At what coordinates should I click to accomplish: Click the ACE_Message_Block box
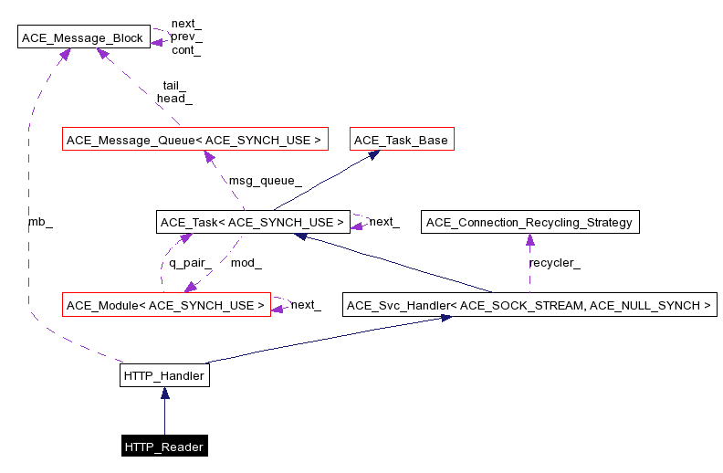click(x=84, y=38)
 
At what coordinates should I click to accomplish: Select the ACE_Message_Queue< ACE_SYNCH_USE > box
click(x=193, y=140)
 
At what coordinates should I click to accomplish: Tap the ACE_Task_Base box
click(x=402, y=140)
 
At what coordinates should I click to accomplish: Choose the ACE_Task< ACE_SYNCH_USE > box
click(x=252, y=222)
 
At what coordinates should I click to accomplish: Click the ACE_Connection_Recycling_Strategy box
click(x=529, y=222)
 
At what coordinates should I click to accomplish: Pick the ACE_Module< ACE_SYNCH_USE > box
click(x=165, y=304)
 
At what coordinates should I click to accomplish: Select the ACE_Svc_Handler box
click(x=529, y=304)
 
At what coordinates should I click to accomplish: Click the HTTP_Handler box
click(x=164, y=375)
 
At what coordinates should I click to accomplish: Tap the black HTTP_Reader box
click(x=164, y=447)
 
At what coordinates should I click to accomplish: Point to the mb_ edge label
click(x=40, y=223)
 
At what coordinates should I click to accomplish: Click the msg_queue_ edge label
click(x=265, y=181)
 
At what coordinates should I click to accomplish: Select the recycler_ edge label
click(x=554, y=263)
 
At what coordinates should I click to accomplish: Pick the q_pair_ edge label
click(x=190, y=263)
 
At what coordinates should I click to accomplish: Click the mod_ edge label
click(x=246, y=263)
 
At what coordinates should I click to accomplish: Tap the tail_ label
click(x=174, y=85)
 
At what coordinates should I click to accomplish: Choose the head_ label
click(x=174, y=98)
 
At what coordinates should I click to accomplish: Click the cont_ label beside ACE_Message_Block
click(x=186, y=51)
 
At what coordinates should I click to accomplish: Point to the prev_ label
click(x=186, y=37)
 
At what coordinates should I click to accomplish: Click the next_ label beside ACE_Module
click(x=306, y=305)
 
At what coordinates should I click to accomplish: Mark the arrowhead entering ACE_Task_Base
click(x=373, y=155)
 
